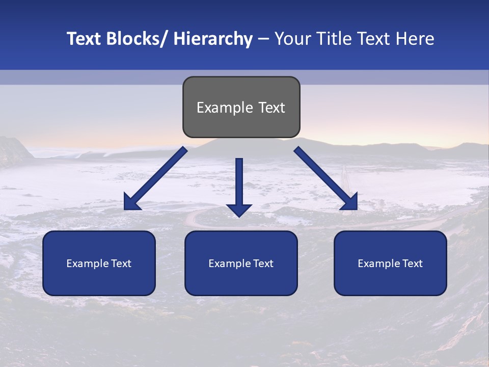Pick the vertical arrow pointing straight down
[239, 186]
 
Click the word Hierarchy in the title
[213, 39]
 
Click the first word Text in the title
[85, 39]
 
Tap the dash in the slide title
[263, 39]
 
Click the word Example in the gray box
[225, 108]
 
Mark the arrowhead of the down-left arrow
[131, 203]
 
